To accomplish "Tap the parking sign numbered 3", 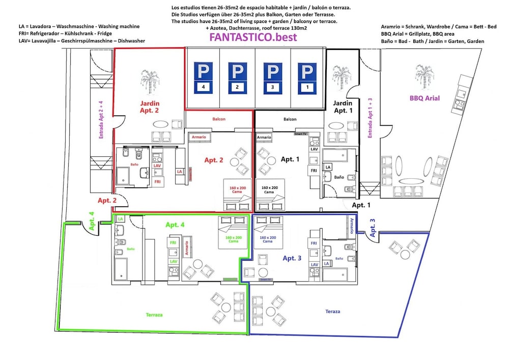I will [273, 78].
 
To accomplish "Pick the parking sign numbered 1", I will [306, 78].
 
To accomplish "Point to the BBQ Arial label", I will [425, 98].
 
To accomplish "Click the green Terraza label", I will [153, 315].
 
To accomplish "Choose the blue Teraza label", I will [332, 311].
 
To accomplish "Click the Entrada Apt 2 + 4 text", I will [101, 120].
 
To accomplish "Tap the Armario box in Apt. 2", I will [199, 137].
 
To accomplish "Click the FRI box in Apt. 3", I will [314, 244].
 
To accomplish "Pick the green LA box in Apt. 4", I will [120, 218].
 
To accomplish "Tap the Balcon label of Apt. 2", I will [219, 119].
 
